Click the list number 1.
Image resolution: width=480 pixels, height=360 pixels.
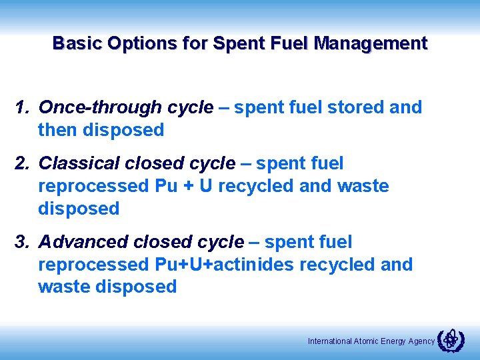pos(22,107)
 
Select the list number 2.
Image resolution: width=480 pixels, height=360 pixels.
pos(22,163)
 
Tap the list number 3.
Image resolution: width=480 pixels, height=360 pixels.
pos(22,242)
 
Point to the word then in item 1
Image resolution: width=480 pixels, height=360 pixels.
pos(58,130)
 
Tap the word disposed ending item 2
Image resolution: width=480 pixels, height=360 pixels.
pos(79,209)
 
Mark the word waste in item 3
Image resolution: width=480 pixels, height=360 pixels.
pos(65,287)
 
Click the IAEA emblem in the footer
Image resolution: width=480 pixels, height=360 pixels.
pos(450,340)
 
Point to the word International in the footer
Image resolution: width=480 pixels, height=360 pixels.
pos(329,341)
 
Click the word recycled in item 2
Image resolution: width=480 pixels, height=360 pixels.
pos(256,186)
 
